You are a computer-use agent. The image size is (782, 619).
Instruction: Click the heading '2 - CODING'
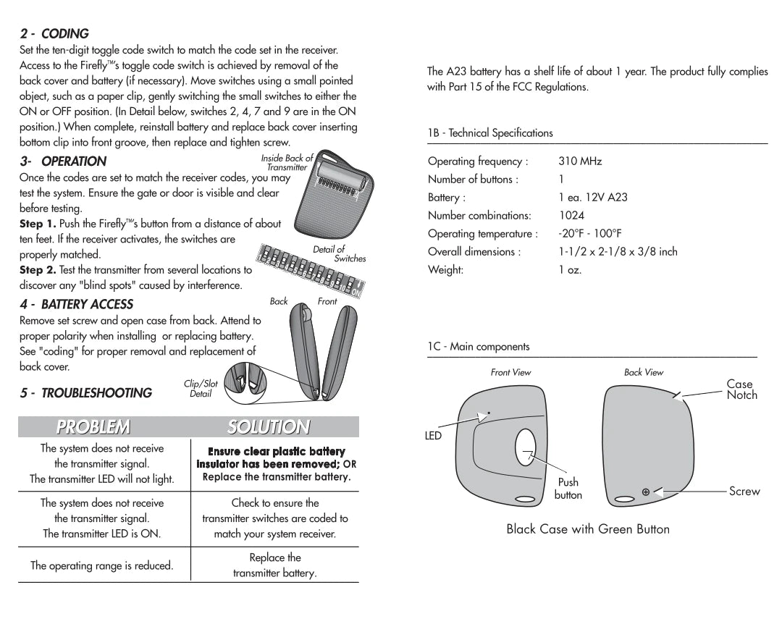pos(54,34)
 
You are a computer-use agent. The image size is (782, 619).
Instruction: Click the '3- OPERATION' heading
pos(63,161)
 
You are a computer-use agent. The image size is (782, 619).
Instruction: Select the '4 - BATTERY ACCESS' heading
pos(76,304)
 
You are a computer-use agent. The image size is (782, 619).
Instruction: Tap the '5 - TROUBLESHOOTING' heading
pos(85,393)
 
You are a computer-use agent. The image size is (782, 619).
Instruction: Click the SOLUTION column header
pos(269,427)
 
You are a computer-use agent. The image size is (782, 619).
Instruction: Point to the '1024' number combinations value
pos(571,216)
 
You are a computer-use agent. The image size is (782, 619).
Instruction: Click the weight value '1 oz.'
pos(570,270)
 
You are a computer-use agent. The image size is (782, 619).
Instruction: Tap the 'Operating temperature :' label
pos(482,234)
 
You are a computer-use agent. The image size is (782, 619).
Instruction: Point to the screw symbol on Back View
pos(646,492)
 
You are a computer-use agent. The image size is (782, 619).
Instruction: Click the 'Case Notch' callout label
pos(741,389)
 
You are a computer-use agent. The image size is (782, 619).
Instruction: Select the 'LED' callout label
pos(433,436)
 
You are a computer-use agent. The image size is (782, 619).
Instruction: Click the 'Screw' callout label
pos(744,492)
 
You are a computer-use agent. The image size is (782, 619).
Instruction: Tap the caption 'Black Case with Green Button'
pos(588,529)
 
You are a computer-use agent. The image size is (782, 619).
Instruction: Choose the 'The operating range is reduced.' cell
pos(101,566)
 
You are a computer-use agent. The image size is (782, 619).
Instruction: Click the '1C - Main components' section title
pos(479,347)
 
